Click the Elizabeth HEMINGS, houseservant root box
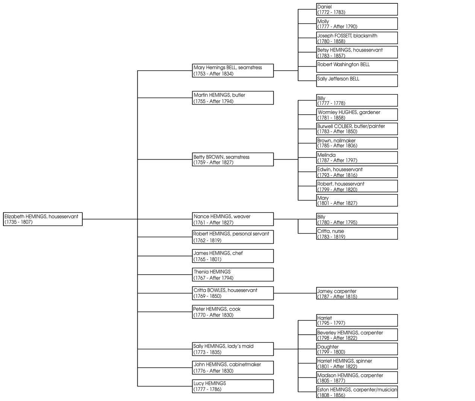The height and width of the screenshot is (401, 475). [x=42, y=219]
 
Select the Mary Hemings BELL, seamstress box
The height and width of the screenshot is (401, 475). [x=232, y=70]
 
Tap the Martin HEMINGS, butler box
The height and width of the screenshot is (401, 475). [x=232, y=98]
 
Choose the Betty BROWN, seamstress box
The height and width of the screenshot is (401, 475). [x=232, y=159]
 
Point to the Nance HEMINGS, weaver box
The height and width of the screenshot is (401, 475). [x=232, y=219]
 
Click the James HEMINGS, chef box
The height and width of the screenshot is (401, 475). [x=232, y=256]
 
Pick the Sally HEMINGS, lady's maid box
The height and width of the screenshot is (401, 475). [x=232, y=349]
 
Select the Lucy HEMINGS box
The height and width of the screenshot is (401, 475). [x=232, y=386]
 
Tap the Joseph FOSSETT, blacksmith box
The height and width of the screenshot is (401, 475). [x=357, y=38]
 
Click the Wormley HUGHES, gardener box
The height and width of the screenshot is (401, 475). [x=357, y=115]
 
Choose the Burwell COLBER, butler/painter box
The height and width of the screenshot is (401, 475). [x=357, y=129]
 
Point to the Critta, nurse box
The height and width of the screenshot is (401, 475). [x=357, y=234]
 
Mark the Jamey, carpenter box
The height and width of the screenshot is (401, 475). [x=357, y=293]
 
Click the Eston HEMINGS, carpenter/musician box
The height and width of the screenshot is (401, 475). [x=357, y=392]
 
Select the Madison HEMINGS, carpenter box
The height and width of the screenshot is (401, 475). [x=357, y=378]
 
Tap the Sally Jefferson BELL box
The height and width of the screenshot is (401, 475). [x=357, y=81]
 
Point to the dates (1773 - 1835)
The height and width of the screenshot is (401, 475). [x=207, y=352]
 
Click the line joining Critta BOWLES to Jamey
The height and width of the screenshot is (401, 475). [x=295, y=293]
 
